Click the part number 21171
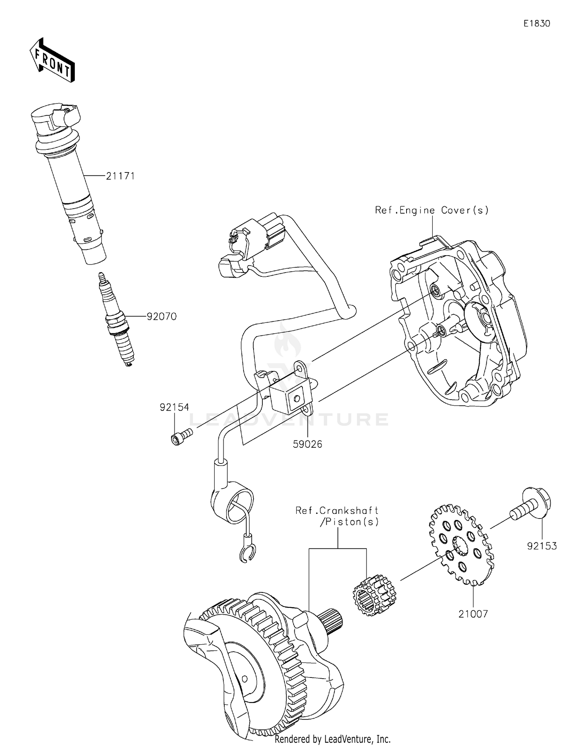click(x=120, y=176)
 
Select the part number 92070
click(x=161, y=316)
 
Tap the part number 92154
click(x=174, y=407)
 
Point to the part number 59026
click(x=307, y=444)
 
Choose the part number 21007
click(x=473, y=614)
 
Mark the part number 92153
click(x=542, y=546)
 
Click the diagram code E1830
click(x=536, y=23)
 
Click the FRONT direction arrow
click(x=52, y=61)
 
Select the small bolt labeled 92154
click(x=181, y=436)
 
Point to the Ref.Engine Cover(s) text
click(x=432, y=210)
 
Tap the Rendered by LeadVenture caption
click(x=332, y=739)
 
